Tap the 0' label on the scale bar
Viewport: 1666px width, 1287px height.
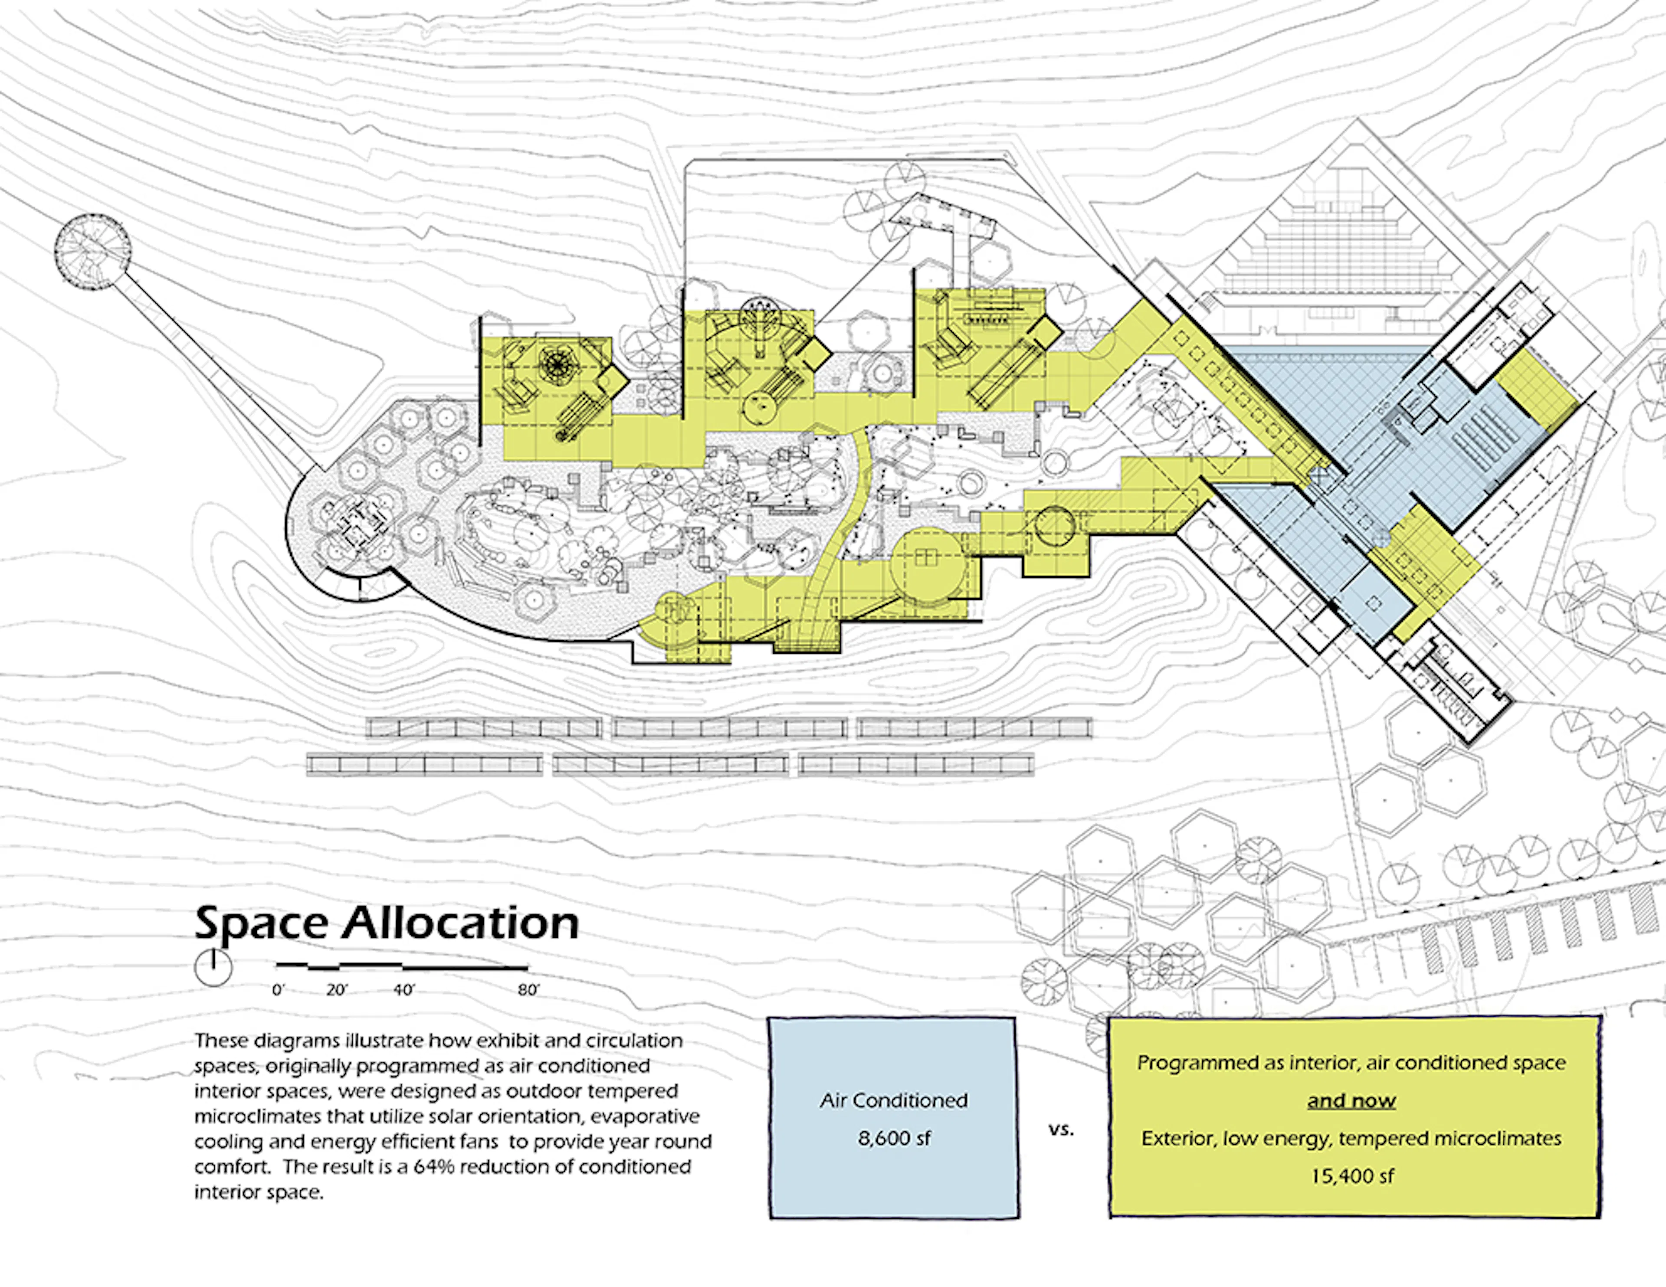click(279, 990)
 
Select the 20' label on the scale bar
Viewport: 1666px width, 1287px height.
click(336, 990)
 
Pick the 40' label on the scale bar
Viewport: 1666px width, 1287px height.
click(403, 990)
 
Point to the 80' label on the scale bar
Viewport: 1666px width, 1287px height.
click(528, 990)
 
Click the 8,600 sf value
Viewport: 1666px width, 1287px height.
click(894, 1138)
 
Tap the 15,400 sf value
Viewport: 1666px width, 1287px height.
click(1352, 1176)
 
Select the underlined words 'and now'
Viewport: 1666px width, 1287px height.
click(1352, 1101)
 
